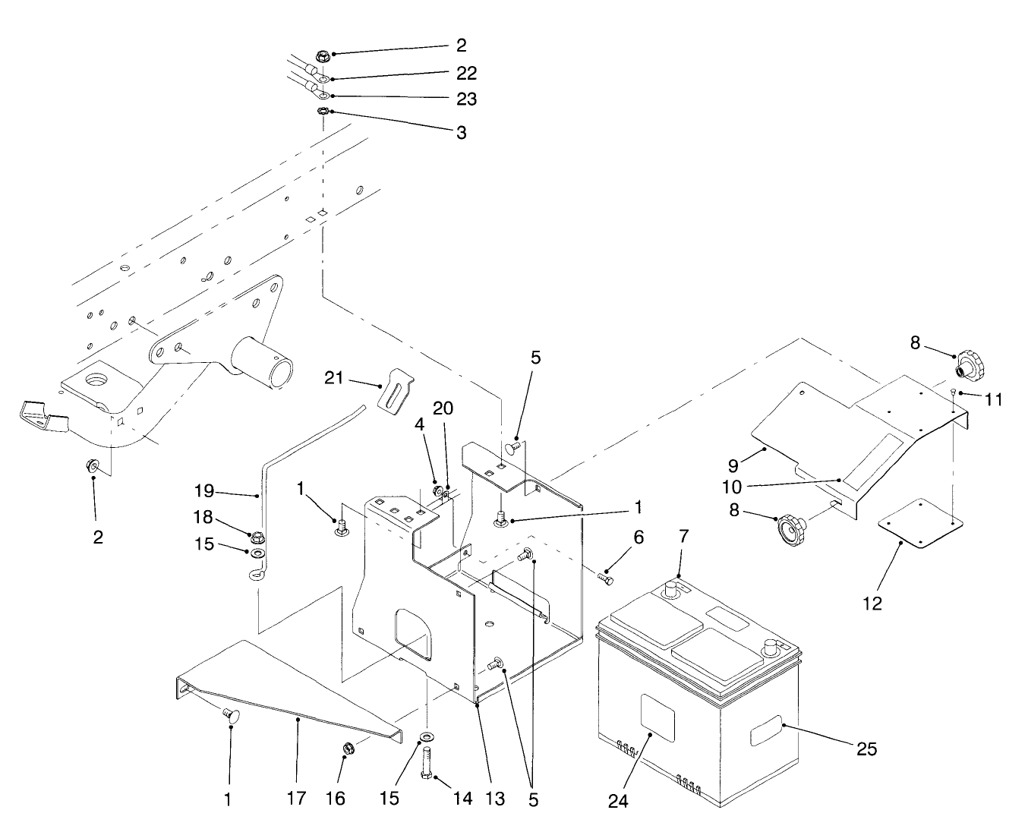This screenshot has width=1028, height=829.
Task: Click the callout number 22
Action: pyautogui.click(x=466, y=74)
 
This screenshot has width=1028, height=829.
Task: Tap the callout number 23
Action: pyautogui.click(x=466, y=99)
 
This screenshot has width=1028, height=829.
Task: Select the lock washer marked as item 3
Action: pyautogui.click(x=323, y=112)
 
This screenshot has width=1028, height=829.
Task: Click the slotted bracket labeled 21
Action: pyautogui.click(x=397, y=391)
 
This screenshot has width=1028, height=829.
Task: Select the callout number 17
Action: pyautogui.click(x=296, y=799)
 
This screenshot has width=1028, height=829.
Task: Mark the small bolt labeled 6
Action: pyautogui.click(x=605, y=579)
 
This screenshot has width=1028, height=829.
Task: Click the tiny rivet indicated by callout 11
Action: pyautogui.click(x=951, y=391)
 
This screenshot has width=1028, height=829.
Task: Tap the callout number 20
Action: pyautogui.click(x=443, y=408)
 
